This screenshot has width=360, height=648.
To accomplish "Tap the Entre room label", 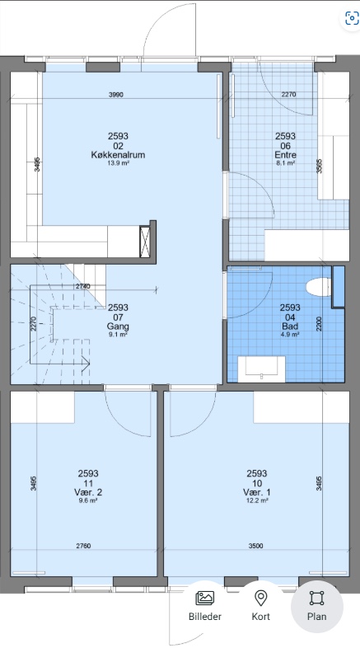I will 285,154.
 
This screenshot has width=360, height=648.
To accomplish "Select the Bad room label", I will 291,325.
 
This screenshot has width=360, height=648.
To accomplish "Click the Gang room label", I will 118,325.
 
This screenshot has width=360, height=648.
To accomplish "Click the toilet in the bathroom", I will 316,288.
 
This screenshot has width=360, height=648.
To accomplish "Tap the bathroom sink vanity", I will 261,369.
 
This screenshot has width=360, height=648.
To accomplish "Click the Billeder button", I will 204,606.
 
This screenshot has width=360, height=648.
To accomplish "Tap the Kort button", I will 261,606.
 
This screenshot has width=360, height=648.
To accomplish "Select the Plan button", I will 317,606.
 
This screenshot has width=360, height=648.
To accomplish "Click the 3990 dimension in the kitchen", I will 115,96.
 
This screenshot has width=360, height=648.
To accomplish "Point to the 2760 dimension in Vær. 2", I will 83,547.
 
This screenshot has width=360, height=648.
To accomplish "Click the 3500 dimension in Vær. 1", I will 255,547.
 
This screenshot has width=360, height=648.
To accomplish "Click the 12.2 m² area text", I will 257,500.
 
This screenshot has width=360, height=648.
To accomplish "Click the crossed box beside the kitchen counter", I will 147,242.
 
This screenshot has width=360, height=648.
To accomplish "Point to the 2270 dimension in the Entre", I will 288,96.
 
